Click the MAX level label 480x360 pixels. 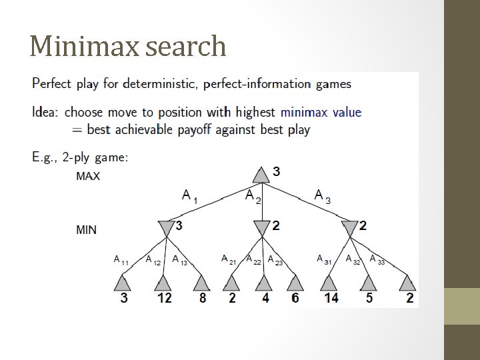[x=88, y=177]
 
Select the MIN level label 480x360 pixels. [x=87, y=230]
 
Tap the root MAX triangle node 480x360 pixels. [x=261, y=174]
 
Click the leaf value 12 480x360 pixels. [x=164, y=298]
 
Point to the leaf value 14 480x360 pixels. [x=331, y=298]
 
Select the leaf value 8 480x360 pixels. [x=203, y=298]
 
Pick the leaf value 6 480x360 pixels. [x=295, y=298]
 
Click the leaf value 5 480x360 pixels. [x=369, y=298]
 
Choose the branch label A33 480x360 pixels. [x=377, y=260]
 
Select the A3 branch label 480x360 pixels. [x=321, y=195]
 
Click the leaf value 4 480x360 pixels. [x=265, y=298]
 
